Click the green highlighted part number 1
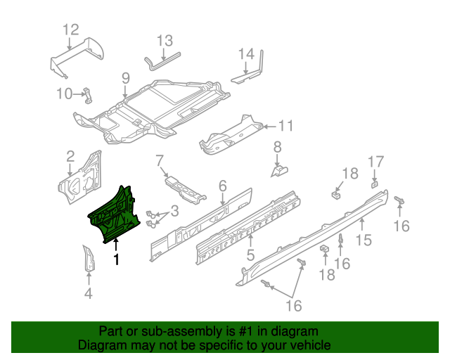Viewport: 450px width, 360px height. (117, 212)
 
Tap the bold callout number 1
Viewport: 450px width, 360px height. (117, 260)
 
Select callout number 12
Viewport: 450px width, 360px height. (71, 30)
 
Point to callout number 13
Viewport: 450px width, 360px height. (164, 40)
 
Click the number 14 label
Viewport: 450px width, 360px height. (245, 54)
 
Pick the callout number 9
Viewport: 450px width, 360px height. (125, 78)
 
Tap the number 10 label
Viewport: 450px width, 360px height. (64, 94)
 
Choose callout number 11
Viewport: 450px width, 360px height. (285, 127)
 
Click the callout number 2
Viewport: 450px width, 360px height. (70, 155)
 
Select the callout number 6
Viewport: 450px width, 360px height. (222, 186)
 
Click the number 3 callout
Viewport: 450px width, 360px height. (174, 210)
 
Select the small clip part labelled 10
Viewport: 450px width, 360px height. (89, 94)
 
